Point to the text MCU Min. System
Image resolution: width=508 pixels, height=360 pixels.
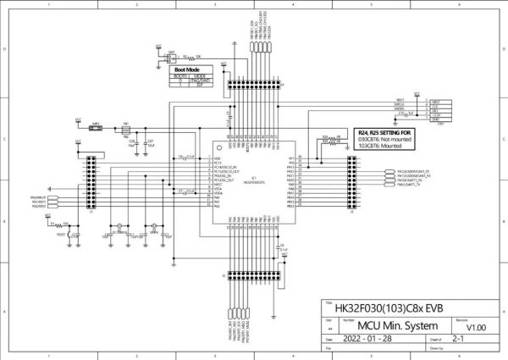pos(386,325)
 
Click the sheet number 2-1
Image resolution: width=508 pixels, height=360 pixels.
pos(461,337)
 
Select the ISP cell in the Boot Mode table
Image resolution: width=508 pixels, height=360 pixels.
pos(200,85)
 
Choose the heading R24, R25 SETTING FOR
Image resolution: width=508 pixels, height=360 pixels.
pos(386,134)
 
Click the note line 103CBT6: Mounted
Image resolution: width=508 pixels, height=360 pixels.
pos(383,147)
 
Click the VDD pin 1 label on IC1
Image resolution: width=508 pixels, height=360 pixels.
pos(217,158)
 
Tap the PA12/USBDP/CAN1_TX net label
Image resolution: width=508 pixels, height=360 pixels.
pos(413,172)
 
